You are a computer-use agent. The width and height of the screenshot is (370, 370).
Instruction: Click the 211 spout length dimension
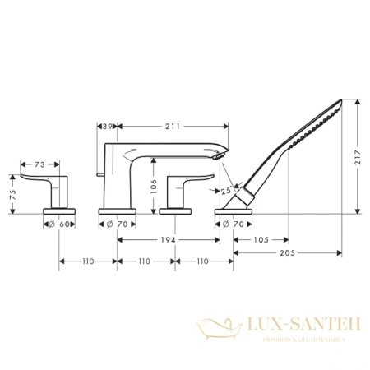point(172,126)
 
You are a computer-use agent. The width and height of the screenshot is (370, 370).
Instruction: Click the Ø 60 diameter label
point(60,224)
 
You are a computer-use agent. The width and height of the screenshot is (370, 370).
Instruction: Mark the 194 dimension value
point(169,239)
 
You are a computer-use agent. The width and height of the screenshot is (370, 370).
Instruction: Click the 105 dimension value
point(262,239)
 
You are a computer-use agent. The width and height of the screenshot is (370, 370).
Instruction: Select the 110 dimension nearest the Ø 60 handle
point(89,261)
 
